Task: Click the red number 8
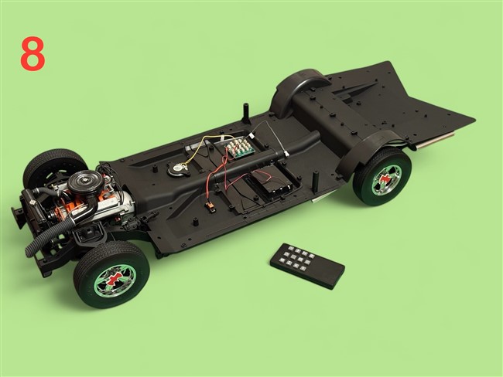pyautogui.click(x=33, y=53)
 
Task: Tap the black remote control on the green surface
pyautogui.click(x=307, y=266)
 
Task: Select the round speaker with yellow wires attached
pyautogui.click(x=178, y=168)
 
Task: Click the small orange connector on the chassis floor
pyautogui.click(x=210, y=205)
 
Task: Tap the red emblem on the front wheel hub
pyautogui.click(x=111, y=280)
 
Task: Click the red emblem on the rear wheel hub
pyautogui.click(x=386, y=179)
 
